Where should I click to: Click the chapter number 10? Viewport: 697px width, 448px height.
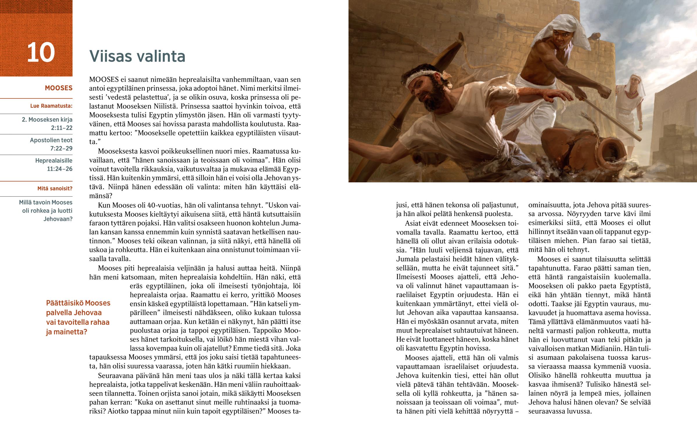[41, 52]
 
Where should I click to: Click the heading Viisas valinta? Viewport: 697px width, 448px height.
[137, 56]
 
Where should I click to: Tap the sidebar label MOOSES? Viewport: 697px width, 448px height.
[58, 88]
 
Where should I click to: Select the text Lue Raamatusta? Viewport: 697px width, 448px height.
[51, 106]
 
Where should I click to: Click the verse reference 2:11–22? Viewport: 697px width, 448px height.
[62, 128]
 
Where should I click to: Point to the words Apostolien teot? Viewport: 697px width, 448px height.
[51, 140]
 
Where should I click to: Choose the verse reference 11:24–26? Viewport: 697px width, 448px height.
[60, 169]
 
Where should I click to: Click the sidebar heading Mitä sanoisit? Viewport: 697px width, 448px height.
[55, 188]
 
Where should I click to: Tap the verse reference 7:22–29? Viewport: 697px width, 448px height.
[61, 149]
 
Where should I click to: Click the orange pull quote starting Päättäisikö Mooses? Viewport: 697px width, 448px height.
[78, 317]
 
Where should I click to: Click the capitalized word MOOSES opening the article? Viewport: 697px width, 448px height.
[104, 80]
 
